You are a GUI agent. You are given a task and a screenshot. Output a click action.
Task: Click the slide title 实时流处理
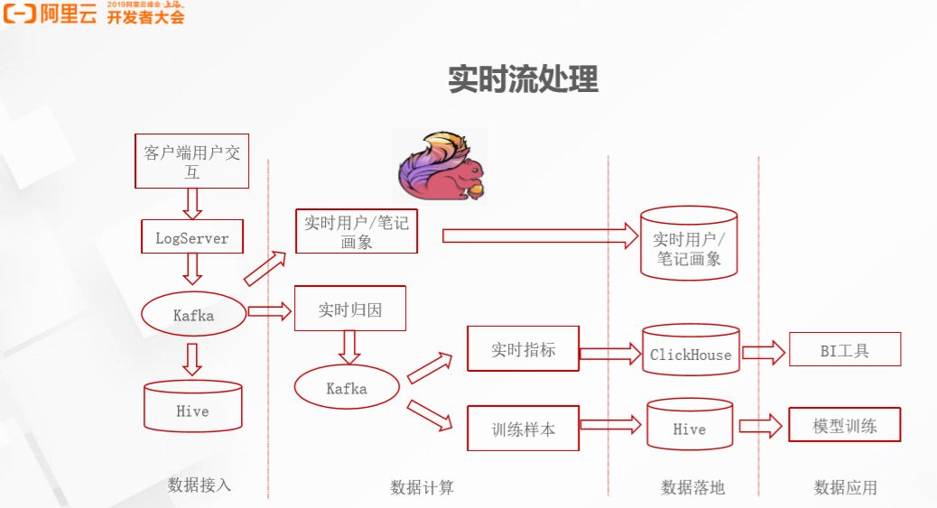click(524, 79)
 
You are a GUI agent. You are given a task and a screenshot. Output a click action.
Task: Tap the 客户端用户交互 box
click(191, 162)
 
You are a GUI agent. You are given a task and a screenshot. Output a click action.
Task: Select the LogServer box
click(191, 238)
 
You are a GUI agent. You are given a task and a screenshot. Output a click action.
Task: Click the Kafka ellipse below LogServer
click(193, 315)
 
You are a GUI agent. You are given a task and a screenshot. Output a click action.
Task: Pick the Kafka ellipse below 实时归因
click(347, 388)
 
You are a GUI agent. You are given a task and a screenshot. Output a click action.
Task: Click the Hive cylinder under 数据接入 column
click(192, 405)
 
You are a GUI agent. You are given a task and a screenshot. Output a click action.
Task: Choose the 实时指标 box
click(523, 349)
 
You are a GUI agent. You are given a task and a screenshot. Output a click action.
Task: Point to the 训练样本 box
click(523, 429)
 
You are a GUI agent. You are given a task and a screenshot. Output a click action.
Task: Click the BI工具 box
click(845, 350)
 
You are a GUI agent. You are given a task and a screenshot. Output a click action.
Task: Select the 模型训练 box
click(845, 425)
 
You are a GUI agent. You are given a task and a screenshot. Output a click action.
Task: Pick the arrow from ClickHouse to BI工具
click(764, 352)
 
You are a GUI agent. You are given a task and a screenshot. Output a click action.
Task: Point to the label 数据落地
click(692, 487)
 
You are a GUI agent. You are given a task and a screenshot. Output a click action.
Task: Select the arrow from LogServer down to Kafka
click(191, 268)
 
